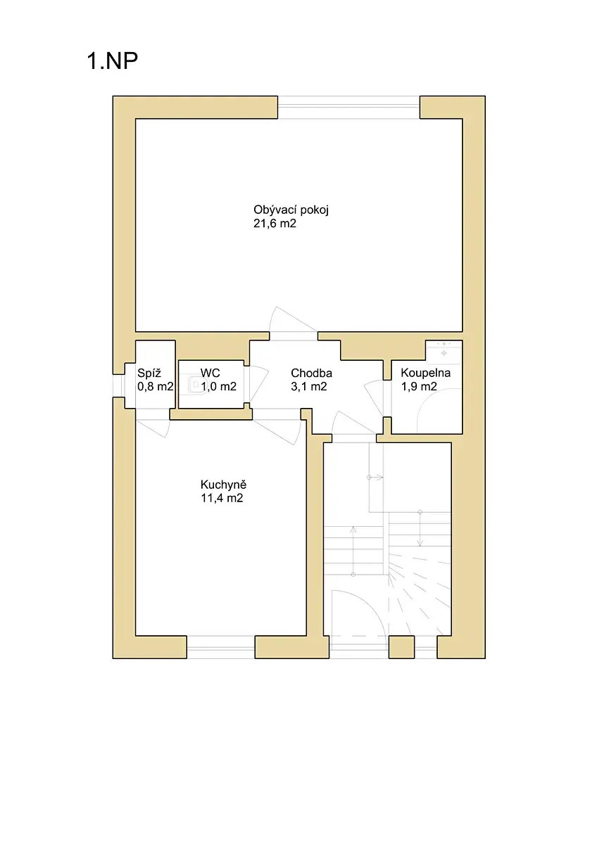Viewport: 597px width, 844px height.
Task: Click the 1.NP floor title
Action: (113, 60)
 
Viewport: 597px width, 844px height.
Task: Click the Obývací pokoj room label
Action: (291, 210)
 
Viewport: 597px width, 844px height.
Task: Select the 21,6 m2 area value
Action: (275, 224)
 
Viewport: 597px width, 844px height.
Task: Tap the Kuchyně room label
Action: (223, 484)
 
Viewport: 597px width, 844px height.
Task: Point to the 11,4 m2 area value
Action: (222, 498)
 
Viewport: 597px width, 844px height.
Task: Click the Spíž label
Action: (149, 373)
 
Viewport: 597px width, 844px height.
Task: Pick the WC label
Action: (210, 373)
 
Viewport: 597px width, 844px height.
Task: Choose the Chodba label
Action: (311, 373)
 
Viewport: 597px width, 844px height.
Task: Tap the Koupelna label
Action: (425, 373)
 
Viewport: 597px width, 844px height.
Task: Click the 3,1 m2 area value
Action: (309, 387)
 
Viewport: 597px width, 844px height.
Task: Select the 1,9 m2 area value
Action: (419, 387)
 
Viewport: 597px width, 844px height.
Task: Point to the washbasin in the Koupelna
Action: (444, 352)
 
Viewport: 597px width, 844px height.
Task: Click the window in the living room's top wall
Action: (348, 108)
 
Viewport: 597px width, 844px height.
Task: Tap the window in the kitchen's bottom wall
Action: (221, 647)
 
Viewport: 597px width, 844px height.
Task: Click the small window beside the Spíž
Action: (119, 386)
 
